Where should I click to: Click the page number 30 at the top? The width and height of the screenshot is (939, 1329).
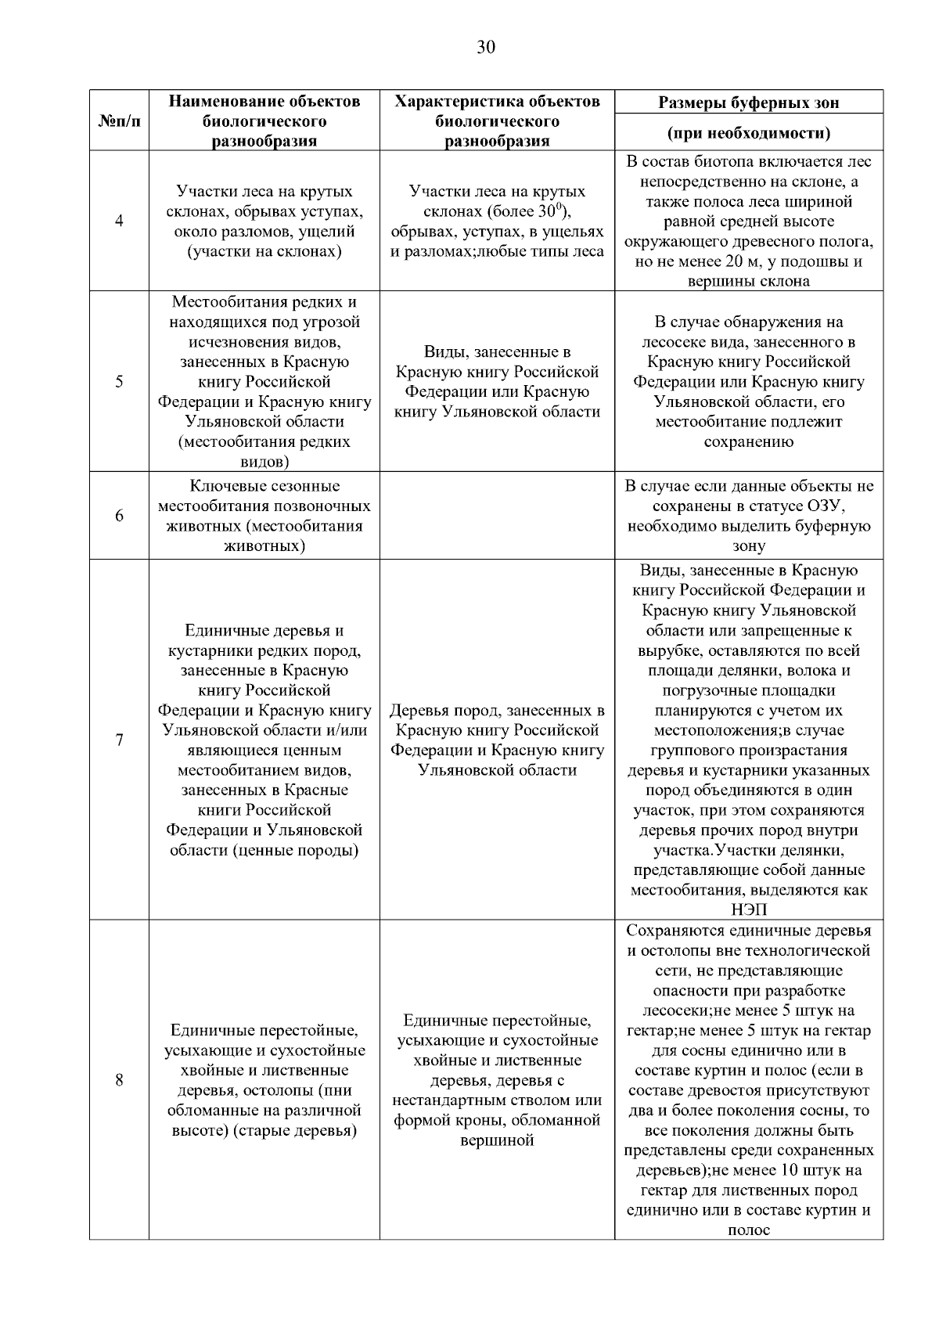[485, 48]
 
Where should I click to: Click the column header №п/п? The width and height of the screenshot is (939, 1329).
[119, 121]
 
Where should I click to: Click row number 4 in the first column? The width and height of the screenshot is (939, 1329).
[119, 221]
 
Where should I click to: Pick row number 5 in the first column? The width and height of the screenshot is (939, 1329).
[119, 382]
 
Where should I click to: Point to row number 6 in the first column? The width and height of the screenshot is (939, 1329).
[119, 516]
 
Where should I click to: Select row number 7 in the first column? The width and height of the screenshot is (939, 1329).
[119, 740]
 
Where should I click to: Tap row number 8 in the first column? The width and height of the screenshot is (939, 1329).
[119, 1080]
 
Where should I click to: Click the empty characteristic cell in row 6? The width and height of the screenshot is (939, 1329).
[497, 516]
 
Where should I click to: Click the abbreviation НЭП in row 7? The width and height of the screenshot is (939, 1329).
[749, 909]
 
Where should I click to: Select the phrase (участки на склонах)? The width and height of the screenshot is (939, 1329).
[264, 252]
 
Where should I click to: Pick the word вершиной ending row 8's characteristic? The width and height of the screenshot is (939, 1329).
[497, 1140]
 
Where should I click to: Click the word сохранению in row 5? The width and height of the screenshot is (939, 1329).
[749, 441]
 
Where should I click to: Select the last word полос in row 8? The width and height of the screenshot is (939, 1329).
[749, 1230]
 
